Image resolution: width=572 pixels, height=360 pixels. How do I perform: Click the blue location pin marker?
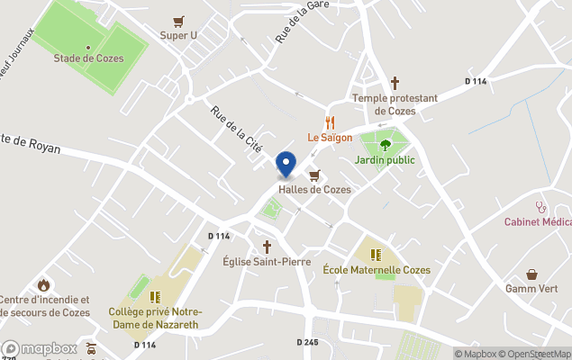click(x=286, y=165)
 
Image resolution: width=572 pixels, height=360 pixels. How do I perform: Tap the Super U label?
click(x=178, y=35)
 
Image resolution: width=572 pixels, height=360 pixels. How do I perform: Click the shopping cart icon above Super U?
click(x=178, y=21)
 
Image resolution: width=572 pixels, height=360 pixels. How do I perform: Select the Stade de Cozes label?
click(x=88, y=58)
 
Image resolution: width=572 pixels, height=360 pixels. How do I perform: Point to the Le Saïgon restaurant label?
click(x=330, y=138)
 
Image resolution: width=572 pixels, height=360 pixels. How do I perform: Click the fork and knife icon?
click(x=330, y=122)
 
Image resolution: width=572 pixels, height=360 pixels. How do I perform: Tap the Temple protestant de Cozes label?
click(x=395, y=104)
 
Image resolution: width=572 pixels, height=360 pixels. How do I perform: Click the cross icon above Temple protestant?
click(x=395, y=83)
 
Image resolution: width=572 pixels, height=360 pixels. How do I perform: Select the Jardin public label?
click(x=385, y=160)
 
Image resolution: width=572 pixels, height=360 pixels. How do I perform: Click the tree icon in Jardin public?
click(x=386, y=144)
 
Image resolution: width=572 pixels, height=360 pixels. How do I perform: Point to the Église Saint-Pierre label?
click(x=266, y=262)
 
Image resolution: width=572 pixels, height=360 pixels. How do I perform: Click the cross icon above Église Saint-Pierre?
click(x=266, y=246)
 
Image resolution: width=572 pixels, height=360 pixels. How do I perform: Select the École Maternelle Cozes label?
click(x=377, y=270)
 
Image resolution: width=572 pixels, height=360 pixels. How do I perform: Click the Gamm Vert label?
click(x=531, y=289)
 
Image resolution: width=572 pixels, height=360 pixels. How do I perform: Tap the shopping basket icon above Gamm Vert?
click(x=531, y=274)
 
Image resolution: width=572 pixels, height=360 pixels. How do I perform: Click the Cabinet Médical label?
click(x=538, y=222)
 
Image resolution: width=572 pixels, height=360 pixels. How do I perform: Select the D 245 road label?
click(x=308, y=342)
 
